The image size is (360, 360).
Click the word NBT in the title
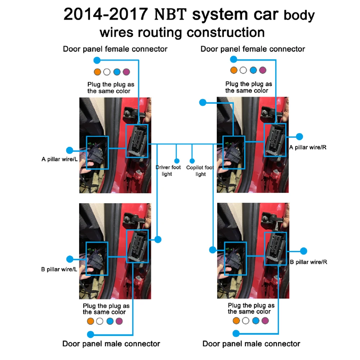coord(171,14)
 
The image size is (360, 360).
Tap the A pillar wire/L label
coord(59,159)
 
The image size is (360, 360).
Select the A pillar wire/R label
coord(308,147)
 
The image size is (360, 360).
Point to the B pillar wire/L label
coord(59,269)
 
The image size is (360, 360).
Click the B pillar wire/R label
coord(309,262)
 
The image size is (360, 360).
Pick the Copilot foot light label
coord(200,171)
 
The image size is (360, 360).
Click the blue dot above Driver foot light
coord(177,161)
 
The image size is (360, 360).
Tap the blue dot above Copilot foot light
coord(192,161)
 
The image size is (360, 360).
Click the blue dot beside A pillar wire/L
coord(70,150)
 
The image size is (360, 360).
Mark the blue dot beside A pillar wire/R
coord(299,136)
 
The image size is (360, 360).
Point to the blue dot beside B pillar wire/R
coord(303,251)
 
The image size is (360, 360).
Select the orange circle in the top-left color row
coord(97,72)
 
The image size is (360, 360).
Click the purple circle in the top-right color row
coord(262,70)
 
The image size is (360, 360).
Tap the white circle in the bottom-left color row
coord(100,321)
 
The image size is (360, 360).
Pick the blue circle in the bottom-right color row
coord(256,320)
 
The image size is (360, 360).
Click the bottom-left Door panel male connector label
coord(111,344)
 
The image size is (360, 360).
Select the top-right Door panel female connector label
coord(253,49)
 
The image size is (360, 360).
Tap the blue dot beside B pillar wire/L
coord(70,259)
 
